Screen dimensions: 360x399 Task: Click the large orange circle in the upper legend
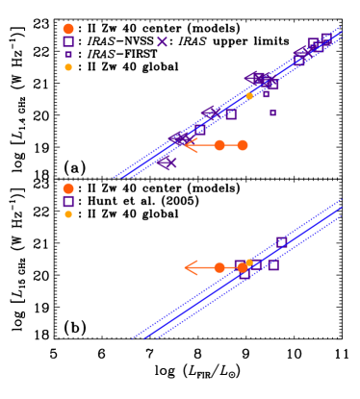(x=68, y=29)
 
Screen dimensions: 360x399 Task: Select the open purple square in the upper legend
(x=68, y=41)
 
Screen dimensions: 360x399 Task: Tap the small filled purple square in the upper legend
(x=68, y=55)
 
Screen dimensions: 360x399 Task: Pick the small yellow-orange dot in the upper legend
(x=68, y=67)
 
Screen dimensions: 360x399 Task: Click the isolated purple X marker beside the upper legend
(x=162, y=41)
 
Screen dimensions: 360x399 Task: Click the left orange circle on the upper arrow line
(x=219, y=145)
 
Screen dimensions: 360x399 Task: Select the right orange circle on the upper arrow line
(x=243, y=145)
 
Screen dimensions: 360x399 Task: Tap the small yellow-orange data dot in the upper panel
(x=249, y=96)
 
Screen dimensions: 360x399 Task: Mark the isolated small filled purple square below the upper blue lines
(x=272, y=112)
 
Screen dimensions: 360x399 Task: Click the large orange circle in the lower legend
(x=68, y=188)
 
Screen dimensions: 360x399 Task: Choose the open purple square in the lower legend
(x=68, y=201)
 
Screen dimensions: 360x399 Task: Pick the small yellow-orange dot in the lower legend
(x=68, y=214)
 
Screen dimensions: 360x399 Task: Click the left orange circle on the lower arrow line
(x=219, y=267)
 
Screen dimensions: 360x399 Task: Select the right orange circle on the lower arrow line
(x=242, y=267)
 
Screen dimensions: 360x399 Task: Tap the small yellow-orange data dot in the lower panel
(x=249, y=262)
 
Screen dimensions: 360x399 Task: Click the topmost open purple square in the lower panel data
(x=281, y=241)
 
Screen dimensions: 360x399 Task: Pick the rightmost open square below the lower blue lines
(x=273, y=264)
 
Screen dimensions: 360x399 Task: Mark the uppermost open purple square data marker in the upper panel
(x=326, y=37)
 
